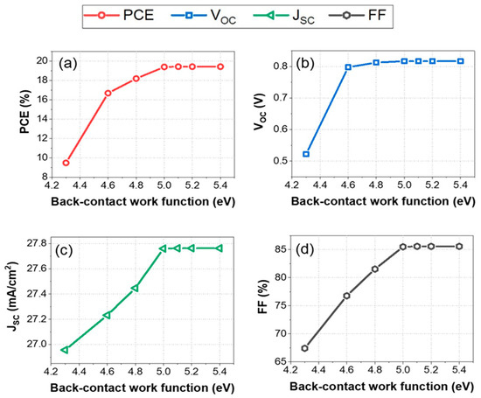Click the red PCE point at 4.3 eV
coord(66,163)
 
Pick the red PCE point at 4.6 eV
coord(108,93)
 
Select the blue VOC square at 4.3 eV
coord(305,154)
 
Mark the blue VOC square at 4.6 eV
coord(348,66)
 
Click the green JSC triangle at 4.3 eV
coord(66,350)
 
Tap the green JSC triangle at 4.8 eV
coord(135,288)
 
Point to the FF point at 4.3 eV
coord(305,348)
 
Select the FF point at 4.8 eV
coord(375,269)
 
